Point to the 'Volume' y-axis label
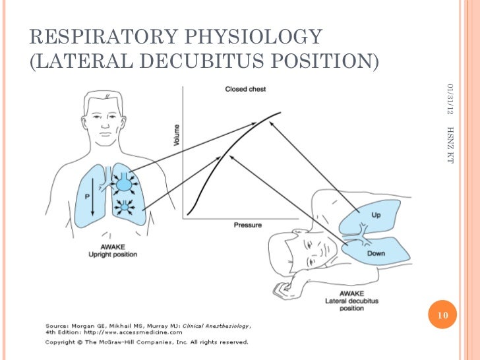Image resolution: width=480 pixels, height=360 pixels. click(x=176, y=136)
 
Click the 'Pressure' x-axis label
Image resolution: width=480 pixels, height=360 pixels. click(x=247, y=225)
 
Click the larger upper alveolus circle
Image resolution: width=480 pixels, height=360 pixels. click(x=125, y=184)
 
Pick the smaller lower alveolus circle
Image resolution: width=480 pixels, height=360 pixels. click(x=124, y=208)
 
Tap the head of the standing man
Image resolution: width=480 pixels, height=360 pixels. click(x=106, y=115)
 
